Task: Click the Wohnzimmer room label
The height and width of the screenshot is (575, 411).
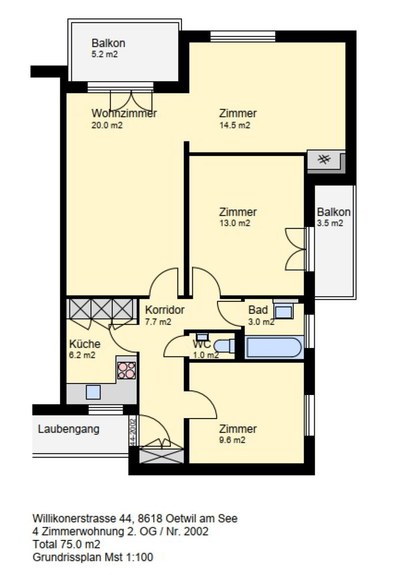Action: click(124, 113)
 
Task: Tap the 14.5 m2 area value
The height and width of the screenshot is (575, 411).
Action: click(235, 125)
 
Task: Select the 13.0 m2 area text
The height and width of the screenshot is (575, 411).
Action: click(235, 223)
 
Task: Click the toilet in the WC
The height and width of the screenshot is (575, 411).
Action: click(224, 346)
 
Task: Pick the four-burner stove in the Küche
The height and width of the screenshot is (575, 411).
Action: click(126, 370)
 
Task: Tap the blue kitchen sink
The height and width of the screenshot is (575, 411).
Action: click(93, 392)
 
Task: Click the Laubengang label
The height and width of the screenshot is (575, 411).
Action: click(68, 429)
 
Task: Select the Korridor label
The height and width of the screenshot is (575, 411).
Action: click(165, 310)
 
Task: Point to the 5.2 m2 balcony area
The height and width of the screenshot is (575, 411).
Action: click(105, 55)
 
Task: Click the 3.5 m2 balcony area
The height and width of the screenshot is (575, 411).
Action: click(330, 223)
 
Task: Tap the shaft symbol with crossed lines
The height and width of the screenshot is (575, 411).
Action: click(324, 159)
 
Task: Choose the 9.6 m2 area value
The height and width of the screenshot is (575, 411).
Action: click(233, 440)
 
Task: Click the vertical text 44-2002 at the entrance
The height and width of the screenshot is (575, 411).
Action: click(133, 431)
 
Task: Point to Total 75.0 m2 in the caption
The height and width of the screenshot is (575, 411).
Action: click(66, 544)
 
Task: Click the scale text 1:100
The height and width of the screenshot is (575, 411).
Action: click(140, 557)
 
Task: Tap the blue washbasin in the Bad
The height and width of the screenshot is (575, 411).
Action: click(284, 311)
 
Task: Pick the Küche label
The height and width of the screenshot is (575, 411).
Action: click(85, 344)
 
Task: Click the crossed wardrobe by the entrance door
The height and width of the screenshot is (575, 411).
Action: click(162, 455)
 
